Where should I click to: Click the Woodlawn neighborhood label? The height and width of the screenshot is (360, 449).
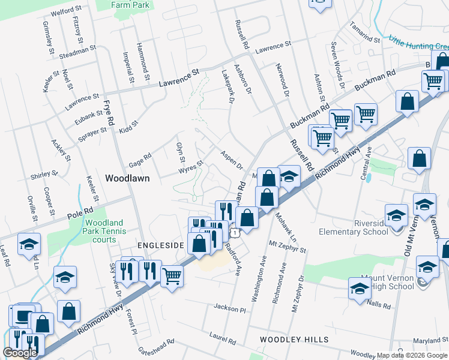[x=127, y=178]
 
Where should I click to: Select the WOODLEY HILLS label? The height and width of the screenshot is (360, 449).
[x=294, y=340]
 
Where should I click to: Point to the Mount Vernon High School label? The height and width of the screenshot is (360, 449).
[x=387, y=282]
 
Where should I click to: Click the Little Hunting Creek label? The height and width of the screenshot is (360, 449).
[x=418, y=43]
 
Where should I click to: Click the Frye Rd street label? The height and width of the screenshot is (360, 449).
[x=109, y=112]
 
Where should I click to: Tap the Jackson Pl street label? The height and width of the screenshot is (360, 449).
[x=230, y=308]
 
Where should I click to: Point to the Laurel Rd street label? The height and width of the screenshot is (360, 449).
[x=223, y=338]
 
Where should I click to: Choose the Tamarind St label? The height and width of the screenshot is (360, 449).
[x=365, y=34]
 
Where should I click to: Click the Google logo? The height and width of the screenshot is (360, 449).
[x=20, y=353]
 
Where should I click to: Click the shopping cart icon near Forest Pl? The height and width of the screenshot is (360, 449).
[x=172, y=276]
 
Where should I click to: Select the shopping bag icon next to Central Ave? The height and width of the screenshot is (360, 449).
[x=420, y=158]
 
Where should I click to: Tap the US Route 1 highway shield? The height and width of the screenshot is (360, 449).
[x=235, y=232]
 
